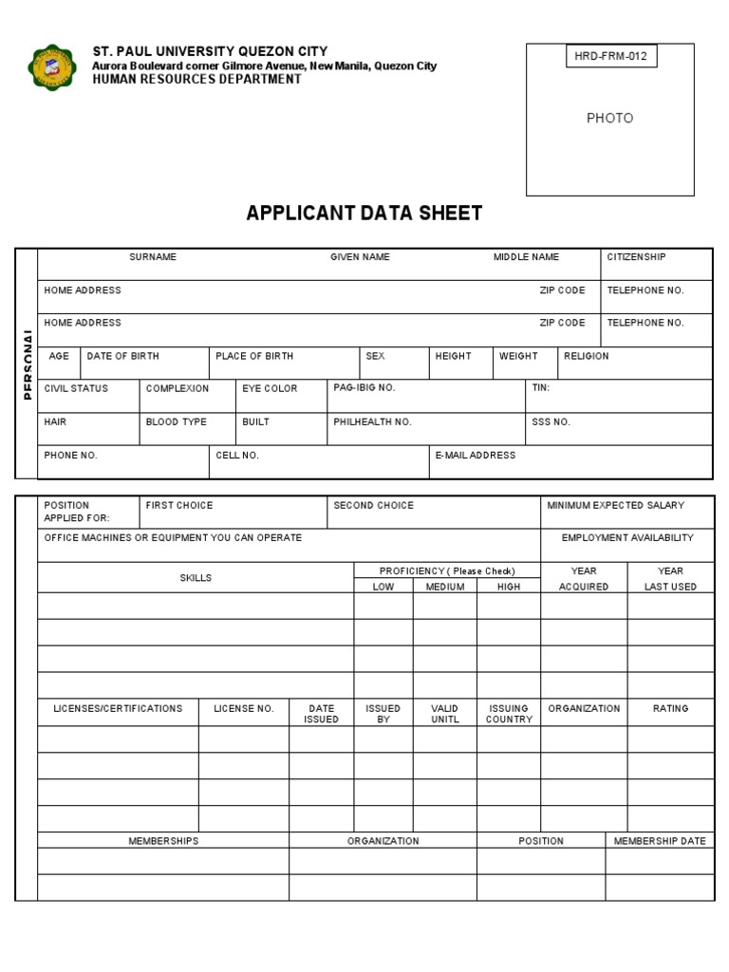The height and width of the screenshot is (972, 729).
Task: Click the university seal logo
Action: click(x=52, y=67)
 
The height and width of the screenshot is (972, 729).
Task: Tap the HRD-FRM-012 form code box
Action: click(x=610, y=56)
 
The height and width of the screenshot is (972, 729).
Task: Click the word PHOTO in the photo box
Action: click(x=609, y=118)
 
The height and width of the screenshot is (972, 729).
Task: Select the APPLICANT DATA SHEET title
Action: click(x=364, y=214)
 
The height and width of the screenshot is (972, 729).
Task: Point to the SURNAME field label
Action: click(x=153, y=257)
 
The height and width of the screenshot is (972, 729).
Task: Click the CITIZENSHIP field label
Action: click(x=636, y=257)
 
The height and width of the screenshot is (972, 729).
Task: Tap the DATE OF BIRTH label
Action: click(x=122, y=356)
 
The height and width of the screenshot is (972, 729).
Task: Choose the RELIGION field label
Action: click(x=587, y=356)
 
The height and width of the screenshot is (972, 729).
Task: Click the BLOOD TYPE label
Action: click(x=176, y=421)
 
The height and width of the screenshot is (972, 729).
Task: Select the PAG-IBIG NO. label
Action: click(x=364, y=388)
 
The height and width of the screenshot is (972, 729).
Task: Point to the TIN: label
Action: click(x=540, y=388)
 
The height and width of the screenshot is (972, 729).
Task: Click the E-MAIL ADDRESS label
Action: click(x=475, y=456)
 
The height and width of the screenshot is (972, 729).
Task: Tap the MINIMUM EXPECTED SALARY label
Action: click(x=615, y=506)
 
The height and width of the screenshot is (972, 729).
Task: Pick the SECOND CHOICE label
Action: click(x=373, y=506)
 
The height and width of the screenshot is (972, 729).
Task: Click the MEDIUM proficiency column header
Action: click(x=444, y=587)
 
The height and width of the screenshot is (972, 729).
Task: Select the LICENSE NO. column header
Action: click(x=243, y=709)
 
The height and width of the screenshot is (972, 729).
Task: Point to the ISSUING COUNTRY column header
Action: click(x=509, y=714)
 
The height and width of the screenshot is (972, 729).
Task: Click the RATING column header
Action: click(x=670, y=709)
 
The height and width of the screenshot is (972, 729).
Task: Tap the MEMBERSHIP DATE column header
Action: click(x=660, y=841)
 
